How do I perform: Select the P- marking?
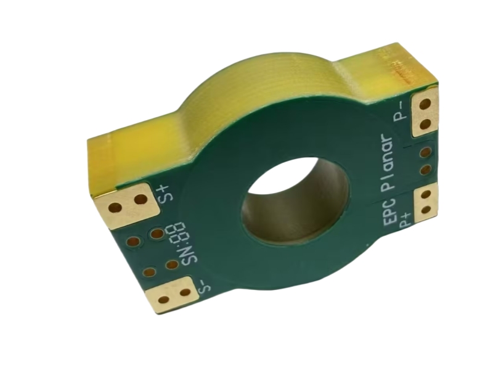coord(401,111)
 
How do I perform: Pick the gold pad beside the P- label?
coord(424,112)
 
